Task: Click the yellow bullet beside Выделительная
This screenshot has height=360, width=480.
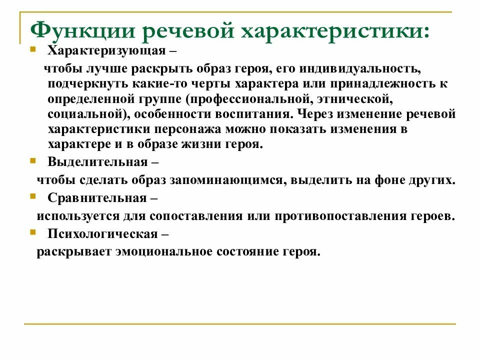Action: click(33, 160)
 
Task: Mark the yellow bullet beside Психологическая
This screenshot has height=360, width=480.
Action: click(33, 232)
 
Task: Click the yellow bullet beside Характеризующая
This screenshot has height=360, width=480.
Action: click(33, 50)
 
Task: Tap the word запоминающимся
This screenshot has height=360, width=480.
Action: click(232, 180)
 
